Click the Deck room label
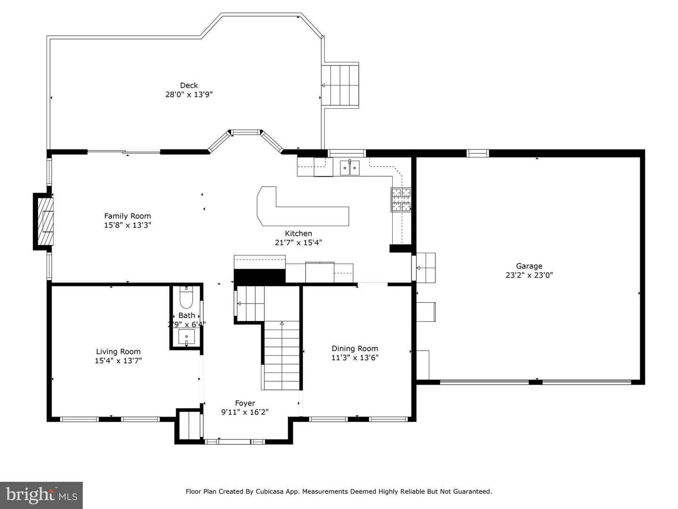tap(189, 85)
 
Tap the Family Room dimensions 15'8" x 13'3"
tap(127, 225)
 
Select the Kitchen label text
tap(299, 234)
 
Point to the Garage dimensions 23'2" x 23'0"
tap(529, 275)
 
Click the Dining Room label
tap(355, 349)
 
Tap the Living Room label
tap(118, 352)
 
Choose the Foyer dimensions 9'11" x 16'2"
tap(245, 412)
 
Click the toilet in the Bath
tap(186, 297)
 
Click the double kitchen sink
tap(350, 168)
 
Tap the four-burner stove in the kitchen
tap(401, 200)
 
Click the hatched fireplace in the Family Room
tap(46, 222)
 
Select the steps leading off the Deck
tap(340, 85)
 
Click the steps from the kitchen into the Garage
tap(426, 268)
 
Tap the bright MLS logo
tap(41, 495)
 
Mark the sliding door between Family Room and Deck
tap(124, 152)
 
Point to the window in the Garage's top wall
tap(477, 153)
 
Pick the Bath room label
tap(186, 316)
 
